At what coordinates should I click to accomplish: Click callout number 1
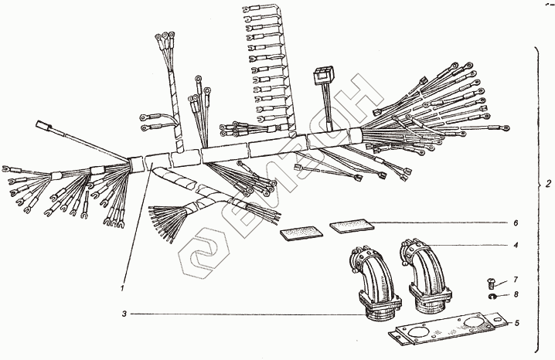122,288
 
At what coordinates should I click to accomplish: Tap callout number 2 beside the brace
548,184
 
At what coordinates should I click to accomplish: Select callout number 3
124,314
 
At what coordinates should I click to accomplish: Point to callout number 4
516,245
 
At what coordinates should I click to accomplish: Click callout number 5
517,323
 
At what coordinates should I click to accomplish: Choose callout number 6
516,222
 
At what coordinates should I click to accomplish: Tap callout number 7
516,280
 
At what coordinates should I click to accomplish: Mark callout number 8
516,294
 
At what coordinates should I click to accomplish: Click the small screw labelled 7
490,283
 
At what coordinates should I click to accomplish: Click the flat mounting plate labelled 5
448,330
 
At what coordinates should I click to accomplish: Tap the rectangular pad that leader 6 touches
352,226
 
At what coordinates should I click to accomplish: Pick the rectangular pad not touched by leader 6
301,233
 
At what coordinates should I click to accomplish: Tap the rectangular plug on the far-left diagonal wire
44,125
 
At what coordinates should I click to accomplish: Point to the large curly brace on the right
537,199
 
